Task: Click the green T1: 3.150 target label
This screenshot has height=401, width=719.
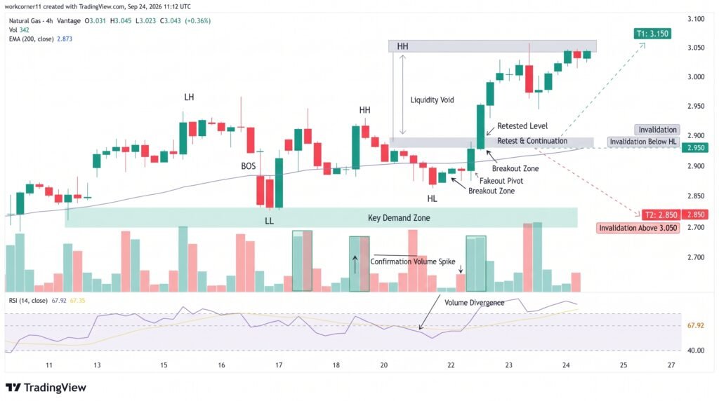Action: [652, 34]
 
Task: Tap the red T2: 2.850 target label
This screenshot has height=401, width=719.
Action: [661, 215]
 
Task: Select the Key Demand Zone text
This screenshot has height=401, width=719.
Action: [399, 218]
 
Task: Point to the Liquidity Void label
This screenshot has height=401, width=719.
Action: [432, 100]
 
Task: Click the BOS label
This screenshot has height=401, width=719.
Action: [249, 166]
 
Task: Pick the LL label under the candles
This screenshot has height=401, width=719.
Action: [269, 221]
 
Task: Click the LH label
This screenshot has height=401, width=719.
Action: [189, 97]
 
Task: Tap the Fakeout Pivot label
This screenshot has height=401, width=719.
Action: [501, 181]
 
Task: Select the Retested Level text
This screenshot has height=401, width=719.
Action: [522, 126]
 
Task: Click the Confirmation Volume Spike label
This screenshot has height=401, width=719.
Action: [413, 261]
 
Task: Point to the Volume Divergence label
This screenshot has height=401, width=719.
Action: [474, 303]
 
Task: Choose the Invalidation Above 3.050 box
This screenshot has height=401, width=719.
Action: [638, 228]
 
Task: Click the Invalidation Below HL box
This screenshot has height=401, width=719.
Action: [643, 142]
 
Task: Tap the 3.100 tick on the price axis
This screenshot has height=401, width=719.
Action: [696, 19]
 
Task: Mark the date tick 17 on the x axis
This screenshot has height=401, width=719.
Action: [279, 365]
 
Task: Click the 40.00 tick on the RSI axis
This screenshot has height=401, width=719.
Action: [696, 351]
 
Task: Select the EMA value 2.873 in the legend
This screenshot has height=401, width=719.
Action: [65, 39]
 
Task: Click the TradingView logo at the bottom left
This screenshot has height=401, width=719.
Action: [46, 388]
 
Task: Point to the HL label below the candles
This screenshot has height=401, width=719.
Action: [432, 198]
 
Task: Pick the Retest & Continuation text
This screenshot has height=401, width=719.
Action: [532, 141]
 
